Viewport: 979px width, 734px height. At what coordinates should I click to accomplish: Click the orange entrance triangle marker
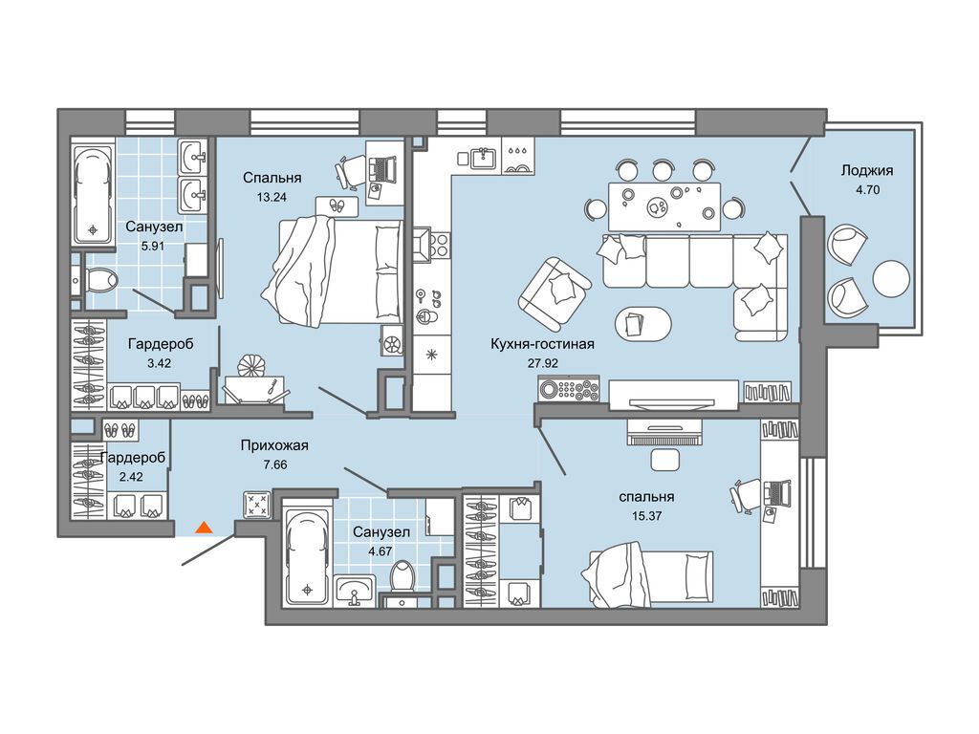(205, 528)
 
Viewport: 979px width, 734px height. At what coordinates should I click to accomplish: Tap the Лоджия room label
(866, 170)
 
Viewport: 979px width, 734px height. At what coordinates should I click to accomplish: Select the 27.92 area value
(543, 362)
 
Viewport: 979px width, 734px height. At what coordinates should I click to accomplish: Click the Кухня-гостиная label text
(543, 344)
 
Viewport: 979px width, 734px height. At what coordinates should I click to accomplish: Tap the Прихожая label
(274, 445)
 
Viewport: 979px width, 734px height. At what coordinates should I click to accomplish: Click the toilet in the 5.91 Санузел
(98, 280)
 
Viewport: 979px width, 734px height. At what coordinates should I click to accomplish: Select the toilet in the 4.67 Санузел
(402, 576)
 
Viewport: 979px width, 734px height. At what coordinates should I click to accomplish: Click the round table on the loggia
(891, 279)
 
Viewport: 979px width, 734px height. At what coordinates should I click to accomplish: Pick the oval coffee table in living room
(643, 324)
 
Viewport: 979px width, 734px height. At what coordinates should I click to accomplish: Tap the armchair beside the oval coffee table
(554, 294)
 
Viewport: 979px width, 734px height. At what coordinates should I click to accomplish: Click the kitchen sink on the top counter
(484, 158)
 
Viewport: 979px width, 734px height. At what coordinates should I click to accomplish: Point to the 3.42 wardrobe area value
(160, 363)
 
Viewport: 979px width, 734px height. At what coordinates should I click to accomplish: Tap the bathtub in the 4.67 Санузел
(307, 555)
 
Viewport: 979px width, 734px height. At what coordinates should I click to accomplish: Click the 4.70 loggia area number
(867, 189)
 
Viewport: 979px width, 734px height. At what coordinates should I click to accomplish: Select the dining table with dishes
(664, 206)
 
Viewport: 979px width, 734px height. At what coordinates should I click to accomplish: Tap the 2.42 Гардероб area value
(130, 477)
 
